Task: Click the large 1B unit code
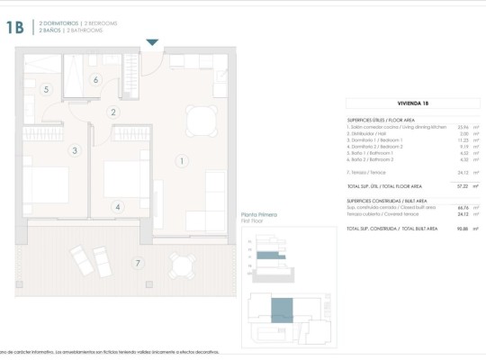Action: click(x=14, y=27)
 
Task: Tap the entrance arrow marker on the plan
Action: click(x=152, y=41)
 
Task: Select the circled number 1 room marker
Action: click(x=182, y=161)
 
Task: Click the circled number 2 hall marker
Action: click(x=113, y=112)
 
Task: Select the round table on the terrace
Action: click(x=183, y=263)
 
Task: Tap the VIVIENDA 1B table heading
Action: click(x=413, y=103)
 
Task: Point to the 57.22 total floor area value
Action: click(x=463, y=186)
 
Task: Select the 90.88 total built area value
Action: click(x=462, y=229)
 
